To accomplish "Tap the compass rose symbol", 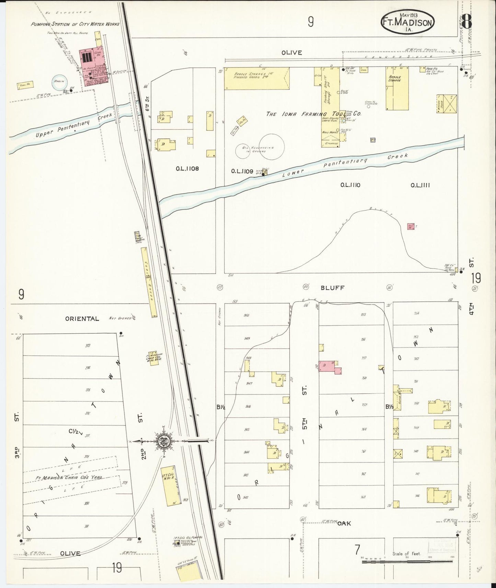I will [x=164, y=441].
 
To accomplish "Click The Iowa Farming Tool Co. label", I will [x=314, y=114].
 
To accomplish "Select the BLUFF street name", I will [x=332, y=288].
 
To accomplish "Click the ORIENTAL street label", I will [x=82, y=318].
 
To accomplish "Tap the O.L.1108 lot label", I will [x=187, y=168].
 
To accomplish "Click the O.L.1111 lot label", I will [x=420, y=185].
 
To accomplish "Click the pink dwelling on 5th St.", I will [x=328, y=366].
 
